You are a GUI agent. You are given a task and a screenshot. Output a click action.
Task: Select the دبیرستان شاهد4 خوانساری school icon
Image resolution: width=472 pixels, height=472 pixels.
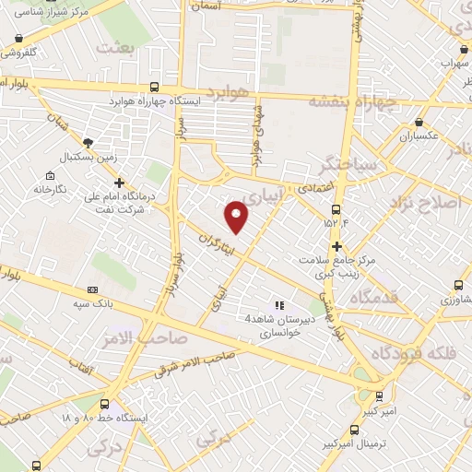[279, 305]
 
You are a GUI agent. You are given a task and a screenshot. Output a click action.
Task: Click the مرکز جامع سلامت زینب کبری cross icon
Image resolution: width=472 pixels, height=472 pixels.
[337, 246]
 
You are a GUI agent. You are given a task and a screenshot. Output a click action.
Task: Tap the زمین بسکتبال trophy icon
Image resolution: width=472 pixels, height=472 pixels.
[88, 142]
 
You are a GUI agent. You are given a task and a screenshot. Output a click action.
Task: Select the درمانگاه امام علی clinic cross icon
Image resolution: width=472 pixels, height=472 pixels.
[119, 182]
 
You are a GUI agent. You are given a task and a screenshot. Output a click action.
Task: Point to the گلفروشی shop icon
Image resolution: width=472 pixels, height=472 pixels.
[18, 40]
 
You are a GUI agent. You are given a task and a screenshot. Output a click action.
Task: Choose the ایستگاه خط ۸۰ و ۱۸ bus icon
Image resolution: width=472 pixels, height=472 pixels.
[104, 404]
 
